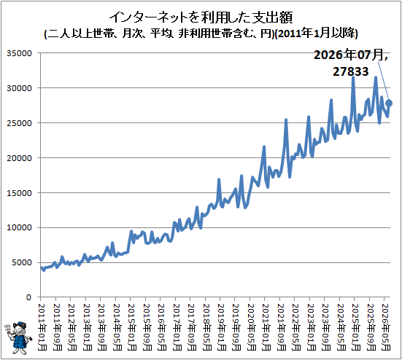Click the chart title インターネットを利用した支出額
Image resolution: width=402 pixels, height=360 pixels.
(x=201, y=17)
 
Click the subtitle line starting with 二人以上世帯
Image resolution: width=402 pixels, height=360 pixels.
(x=201, y=34)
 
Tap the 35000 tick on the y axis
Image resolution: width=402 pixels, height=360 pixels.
(x=19, y=53)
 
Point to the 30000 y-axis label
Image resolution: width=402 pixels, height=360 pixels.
(x=19, y=88)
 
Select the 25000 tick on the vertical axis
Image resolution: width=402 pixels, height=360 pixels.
(x=19, y=123)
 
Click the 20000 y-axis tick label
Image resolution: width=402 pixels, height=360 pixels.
(x=19, y=158)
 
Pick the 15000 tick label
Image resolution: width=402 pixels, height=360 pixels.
(x=19, y=193)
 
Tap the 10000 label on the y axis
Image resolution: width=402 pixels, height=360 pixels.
(x=19, y=227)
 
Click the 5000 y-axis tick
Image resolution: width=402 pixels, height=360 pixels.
(x=22, y=262)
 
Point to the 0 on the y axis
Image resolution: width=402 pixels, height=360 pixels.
(x=28, y=297)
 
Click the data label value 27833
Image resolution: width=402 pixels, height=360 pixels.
(x=350, y=71)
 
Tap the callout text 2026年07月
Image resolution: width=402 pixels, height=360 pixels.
(x=349, y=55)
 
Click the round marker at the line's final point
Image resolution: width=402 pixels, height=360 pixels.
(x=389, y=103)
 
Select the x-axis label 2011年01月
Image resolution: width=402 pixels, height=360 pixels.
(x=42, y=327)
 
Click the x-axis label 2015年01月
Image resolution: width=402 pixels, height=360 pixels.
(x=131, y=327)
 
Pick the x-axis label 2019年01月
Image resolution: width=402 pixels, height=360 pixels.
(x=221, y=327)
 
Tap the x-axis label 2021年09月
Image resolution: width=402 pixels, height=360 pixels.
(x=281, y=327)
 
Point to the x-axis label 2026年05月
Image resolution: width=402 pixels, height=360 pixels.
(x=385, y=327)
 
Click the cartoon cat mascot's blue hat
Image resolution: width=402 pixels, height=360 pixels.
(x=20, y=324)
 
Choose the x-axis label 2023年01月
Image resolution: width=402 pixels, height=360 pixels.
(x=311, y=327)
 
